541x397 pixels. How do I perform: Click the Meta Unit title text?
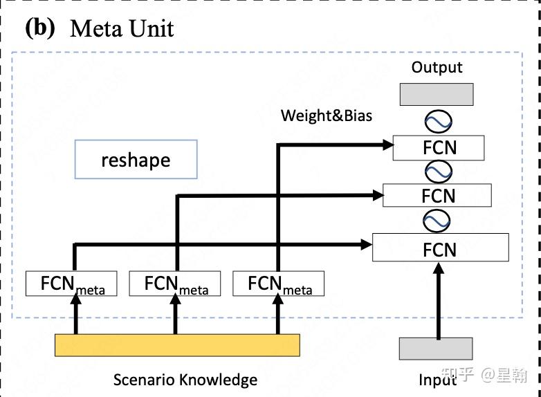pyautogui.click(x=122, y=28)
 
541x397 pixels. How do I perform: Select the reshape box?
pyautogui.click(x=136, y=160)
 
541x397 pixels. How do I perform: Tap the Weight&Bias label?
pyautogui.click(x=326, y=116)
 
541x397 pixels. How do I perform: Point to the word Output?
pyautogui.click(x=437, y=67)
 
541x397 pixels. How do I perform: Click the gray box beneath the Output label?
pyautogui.click(x=437, y=94)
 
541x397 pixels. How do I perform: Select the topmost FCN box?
pyautogui.click(x=438, y=148)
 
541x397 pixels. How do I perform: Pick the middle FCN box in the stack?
pyautogui.click(x=437, y=196)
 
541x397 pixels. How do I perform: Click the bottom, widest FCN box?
pyautogui.click(x=440, y=248)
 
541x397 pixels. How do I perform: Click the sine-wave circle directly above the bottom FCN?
pyautogui.click(x=437, y=221)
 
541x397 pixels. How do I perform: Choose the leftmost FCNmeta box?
pyautogui.click(x=71, y=284)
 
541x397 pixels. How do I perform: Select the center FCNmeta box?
pyautogui.click(x=175, y=284)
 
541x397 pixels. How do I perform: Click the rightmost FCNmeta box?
pyautogui.click(x=278, y=284)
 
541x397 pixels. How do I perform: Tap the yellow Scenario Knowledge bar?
pyautogui.click(x=177, y=345)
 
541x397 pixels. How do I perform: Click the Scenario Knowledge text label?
pyautogui.click(x=185, y=380)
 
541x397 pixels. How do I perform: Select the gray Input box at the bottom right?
pyautogui.click(x=436, y=349)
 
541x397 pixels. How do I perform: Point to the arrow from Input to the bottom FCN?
pyautogui.click(x=437, y=304)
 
